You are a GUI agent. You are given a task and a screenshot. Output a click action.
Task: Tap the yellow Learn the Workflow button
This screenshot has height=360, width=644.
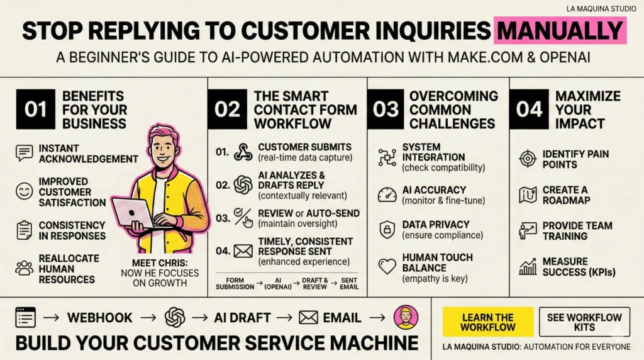coord(487,322)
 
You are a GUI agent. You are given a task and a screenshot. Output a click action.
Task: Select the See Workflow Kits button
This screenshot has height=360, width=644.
coord(584,322)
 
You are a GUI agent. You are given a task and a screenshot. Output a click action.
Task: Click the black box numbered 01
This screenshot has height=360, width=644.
coord(35,109)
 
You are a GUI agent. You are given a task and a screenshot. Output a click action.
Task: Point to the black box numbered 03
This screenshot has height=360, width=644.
coord(386,109)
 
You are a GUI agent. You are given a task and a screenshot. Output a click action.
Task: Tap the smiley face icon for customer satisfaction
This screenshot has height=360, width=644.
coord(25,191)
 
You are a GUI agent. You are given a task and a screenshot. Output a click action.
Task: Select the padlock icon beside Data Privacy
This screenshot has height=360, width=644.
coord(387,230)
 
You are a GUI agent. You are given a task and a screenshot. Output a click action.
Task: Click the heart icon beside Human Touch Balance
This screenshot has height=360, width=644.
coord(387,266)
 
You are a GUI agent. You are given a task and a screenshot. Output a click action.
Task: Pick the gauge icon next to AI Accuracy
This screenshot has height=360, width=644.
coord(387,194)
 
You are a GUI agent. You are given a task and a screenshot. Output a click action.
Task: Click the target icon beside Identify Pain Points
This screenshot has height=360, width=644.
coord(527,159)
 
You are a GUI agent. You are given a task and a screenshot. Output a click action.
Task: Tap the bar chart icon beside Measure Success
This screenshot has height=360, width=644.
coord(527,267)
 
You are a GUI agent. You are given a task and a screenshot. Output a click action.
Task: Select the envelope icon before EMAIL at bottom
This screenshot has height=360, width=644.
coord(308,318)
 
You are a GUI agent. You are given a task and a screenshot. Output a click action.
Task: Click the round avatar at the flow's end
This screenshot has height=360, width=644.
coord(406,318)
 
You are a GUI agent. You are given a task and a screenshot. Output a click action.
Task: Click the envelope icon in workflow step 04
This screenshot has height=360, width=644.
coord(243,251)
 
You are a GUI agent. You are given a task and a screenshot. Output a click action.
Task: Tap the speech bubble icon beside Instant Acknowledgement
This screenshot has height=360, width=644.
coord(25,153)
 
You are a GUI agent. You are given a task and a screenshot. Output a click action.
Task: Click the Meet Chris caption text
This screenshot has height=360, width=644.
coord(159,273)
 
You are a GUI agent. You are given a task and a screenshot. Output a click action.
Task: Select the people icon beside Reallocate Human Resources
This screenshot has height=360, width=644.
coord(25,268)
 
